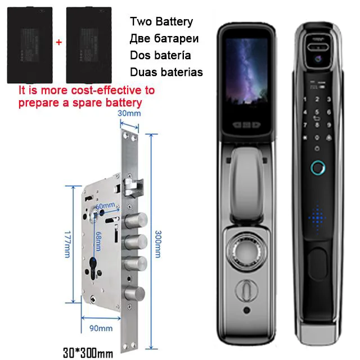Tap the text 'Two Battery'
tap(161, 22)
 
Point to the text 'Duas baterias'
tap(166, 72)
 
